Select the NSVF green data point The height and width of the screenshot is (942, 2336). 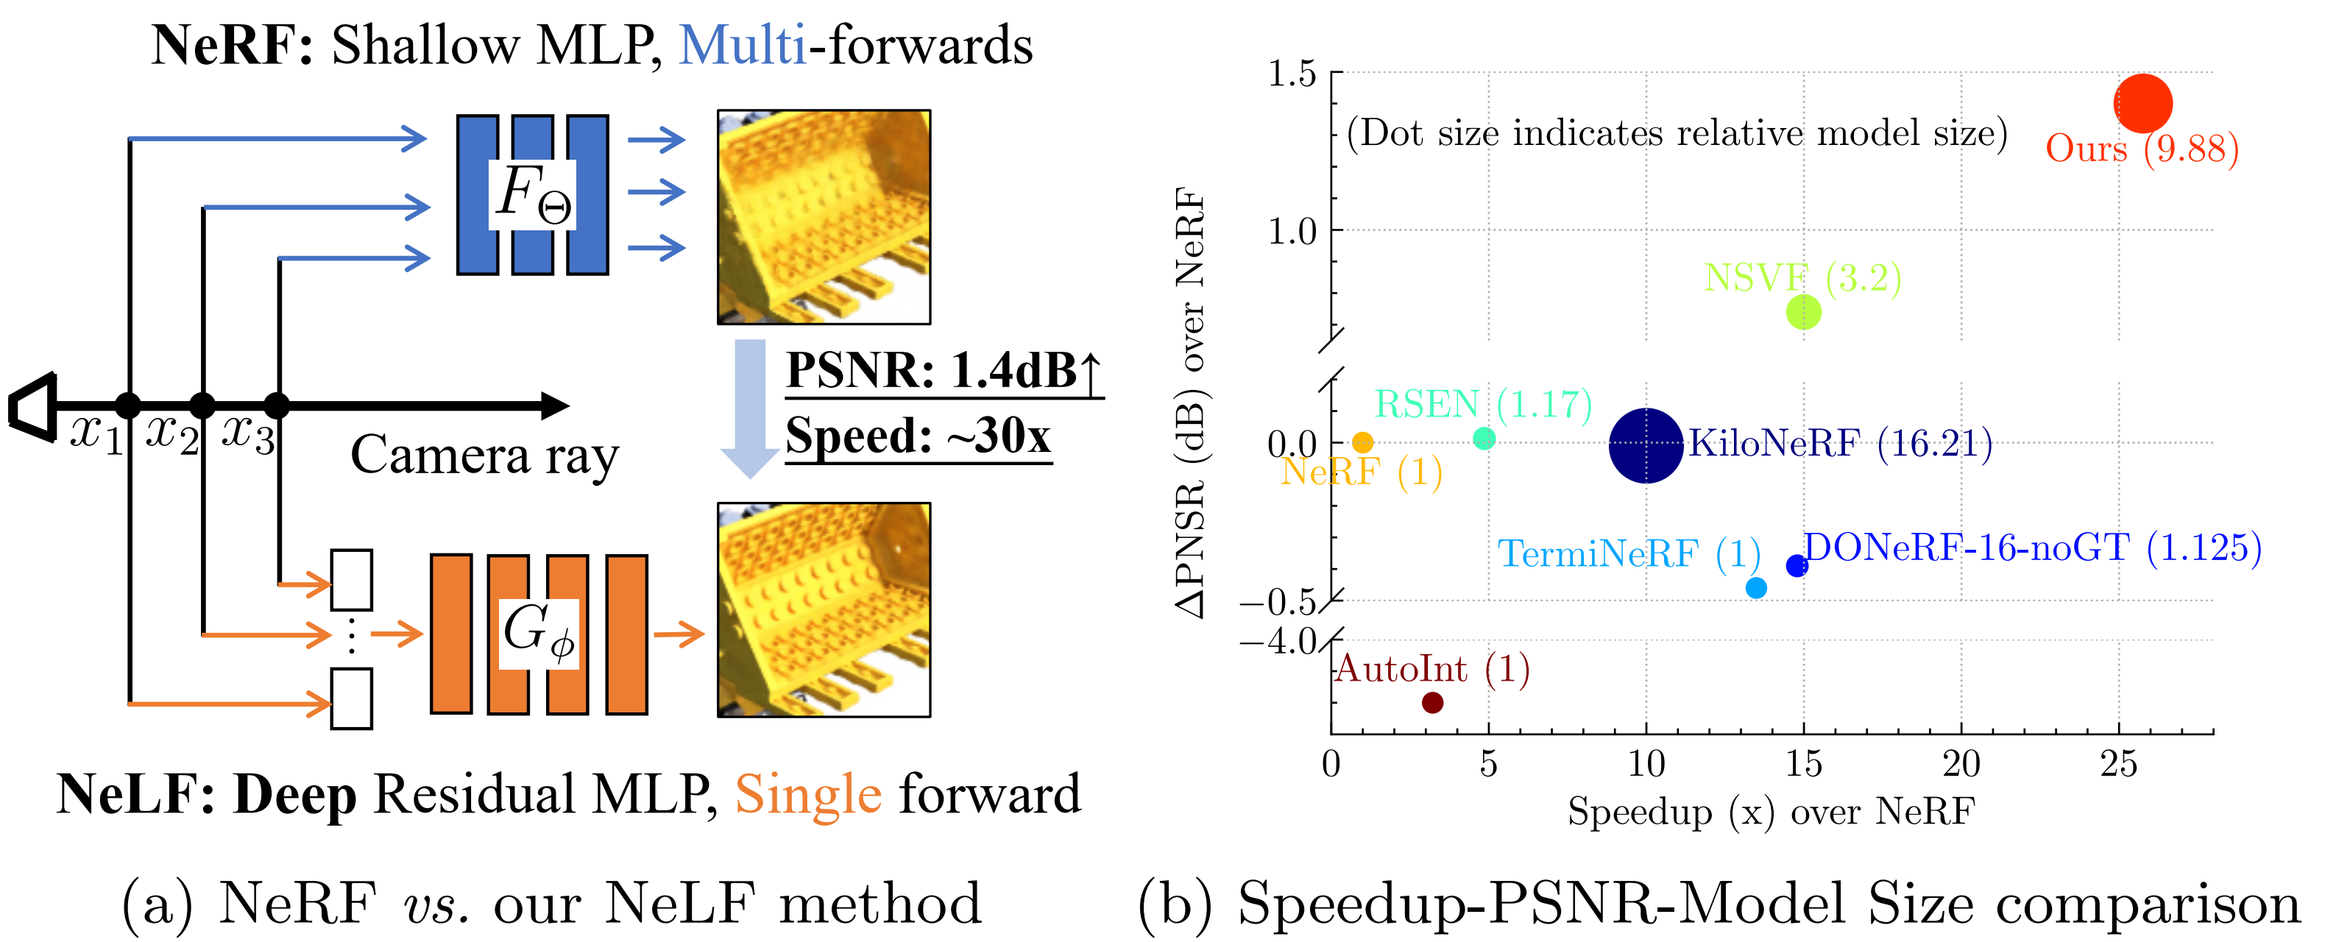(x=1803, y=312)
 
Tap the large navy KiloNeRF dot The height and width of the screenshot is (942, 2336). (x=1646, y=445)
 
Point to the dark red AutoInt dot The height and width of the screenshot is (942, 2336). (x=1432, y=702)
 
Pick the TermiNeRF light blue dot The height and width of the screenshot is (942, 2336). (x=1755, y=587)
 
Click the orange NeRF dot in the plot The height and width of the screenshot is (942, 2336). (x=1362, y=442)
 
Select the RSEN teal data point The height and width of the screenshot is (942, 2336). (x=1484, y=439)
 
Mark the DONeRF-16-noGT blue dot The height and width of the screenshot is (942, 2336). (x=1797, y=566)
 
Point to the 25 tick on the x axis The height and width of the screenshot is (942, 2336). (x=2117, y=765)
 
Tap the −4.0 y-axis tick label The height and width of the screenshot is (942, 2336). (x=1278, y=642)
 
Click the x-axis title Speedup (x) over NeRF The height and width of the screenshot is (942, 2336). (x=1770, y=812)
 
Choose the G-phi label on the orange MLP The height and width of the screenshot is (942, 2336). (x=539, y=632)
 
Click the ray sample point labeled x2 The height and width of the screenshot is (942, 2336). (x=202, y=406)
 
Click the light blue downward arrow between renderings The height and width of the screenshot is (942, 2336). (x=749, y=408)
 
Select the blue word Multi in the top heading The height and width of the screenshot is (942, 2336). (x=742, y=46)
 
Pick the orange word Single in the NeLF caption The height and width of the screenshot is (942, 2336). (x=807, y=795)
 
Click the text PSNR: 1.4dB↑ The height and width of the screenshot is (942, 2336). (x=943, y=370)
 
